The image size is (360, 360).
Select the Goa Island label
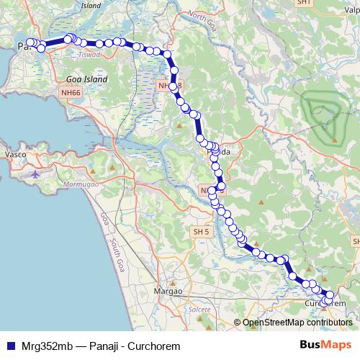(86, 79)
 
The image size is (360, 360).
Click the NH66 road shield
(71, 92)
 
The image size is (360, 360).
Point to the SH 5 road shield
(201, 231)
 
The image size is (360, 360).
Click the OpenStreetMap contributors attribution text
(297, 323)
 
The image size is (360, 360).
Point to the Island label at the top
(91, 5)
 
